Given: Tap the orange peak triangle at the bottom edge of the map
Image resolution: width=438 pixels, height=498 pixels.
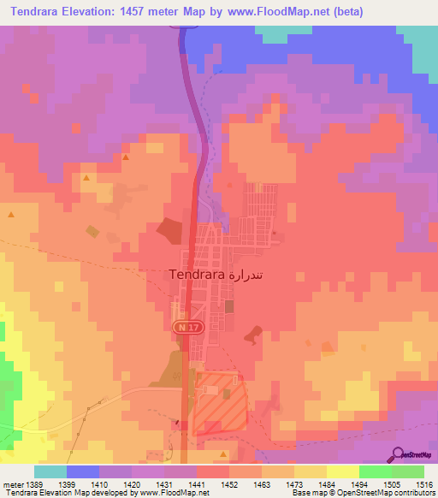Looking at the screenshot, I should (x=222, y=454).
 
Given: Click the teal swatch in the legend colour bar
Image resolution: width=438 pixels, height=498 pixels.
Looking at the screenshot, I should (x=50, y=471).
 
